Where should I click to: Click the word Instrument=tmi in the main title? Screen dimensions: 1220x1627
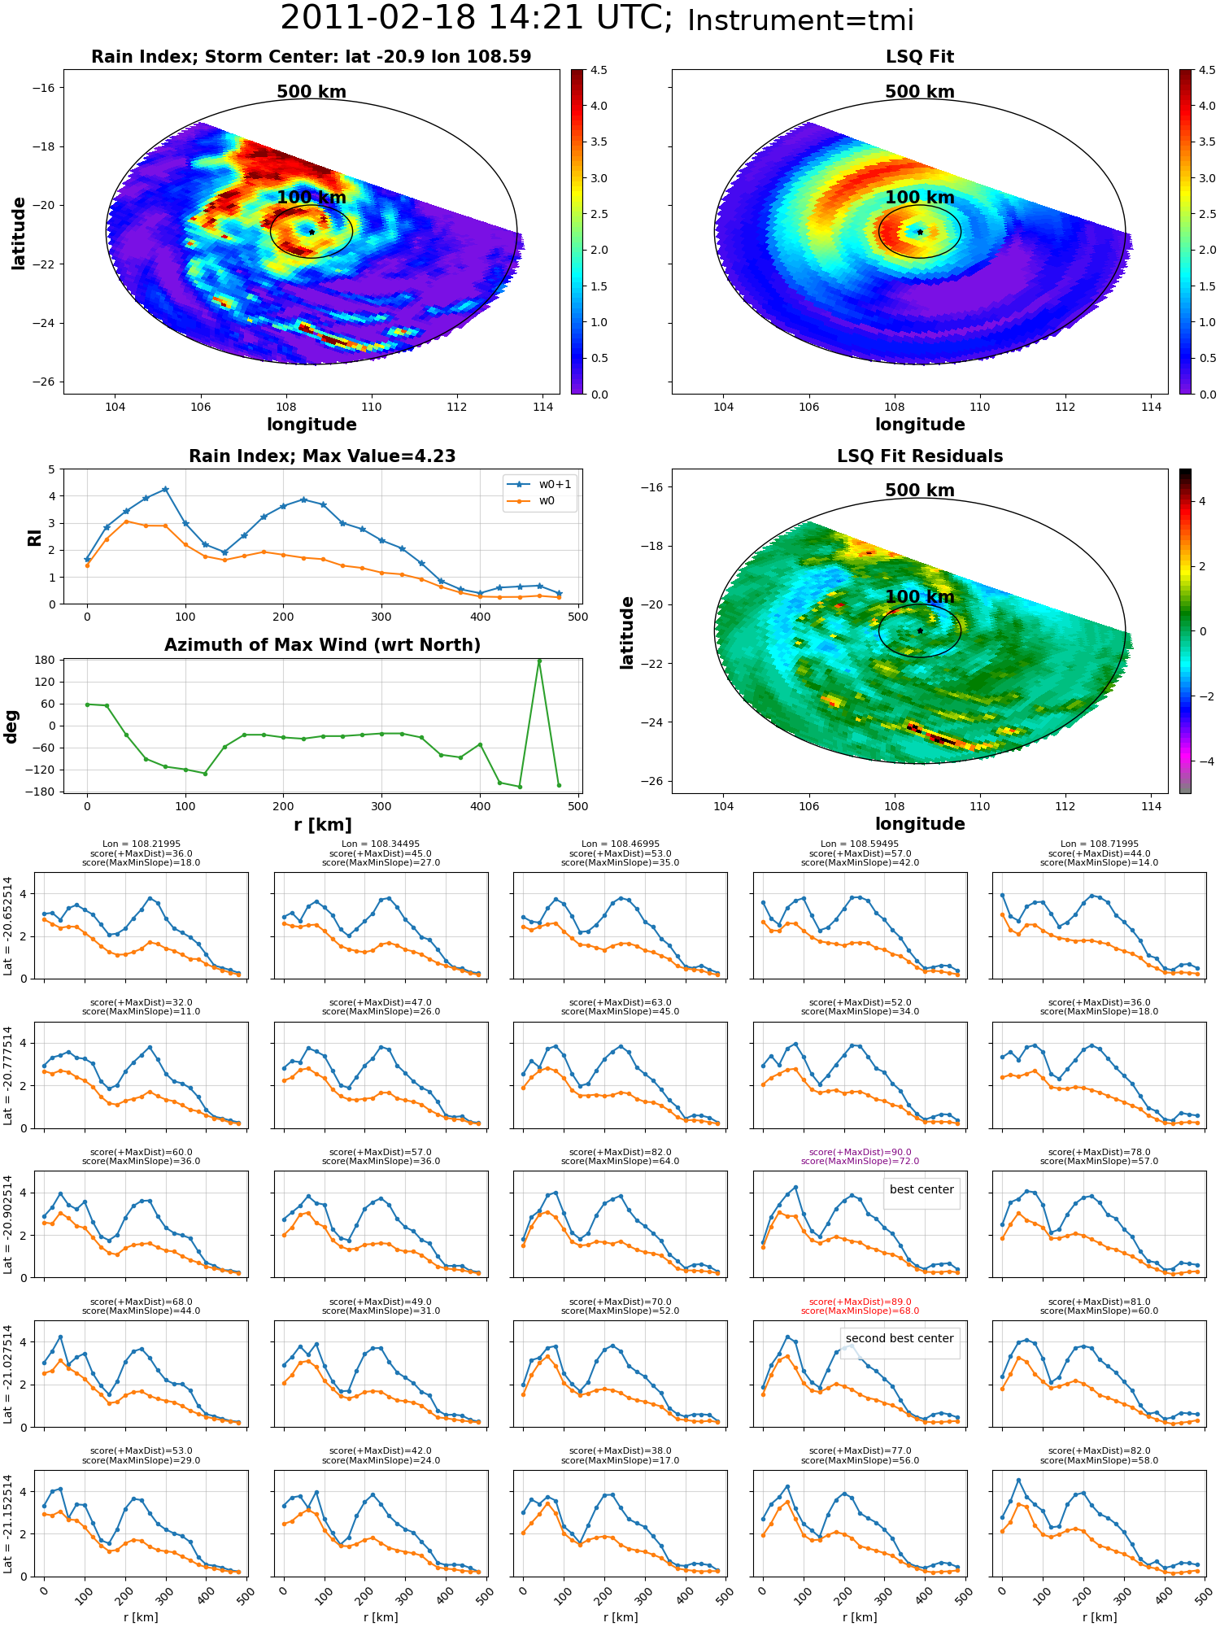click(x=800, y=20)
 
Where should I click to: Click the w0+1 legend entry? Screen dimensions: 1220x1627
click(x=540, y=484)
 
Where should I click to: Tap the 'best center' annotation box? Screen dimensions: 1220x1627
click(x=922, y=1189)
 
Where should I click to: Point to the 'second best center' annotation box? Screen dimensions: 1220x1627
click(x=900, y=1338)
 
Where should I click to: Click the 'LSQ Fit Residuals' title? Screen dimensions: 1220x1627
click(x=920, y=456)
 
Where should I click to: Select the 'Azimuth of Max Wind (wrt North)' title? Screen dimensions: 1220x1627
click(x=322, y=645)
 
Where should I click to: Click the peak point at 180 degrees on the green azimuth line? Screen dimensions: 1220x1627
click(x=539, y=661)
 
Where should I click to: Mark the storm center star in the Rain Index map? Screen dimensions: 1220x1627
click(x=312, y=232)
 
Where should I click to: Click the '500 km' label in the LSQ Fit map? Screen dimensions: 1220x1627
click(x=920, y=92)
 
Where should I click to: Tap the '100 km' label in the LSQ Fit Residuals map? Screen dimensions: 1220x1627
click(x=920, y=596)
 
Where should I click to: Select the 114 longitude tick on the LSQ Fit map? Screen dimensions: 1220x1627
click(x=1151, y=407)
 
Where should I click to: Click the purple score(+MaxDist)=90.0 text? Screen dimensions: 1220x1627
click(x=860, y=1152)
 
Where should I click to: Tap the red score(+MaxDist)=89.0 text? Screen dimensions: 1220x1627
click(x=860, y=1302)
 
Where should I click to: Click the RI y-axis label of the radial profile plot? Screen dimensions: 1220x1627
click(x=35, y=537)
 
